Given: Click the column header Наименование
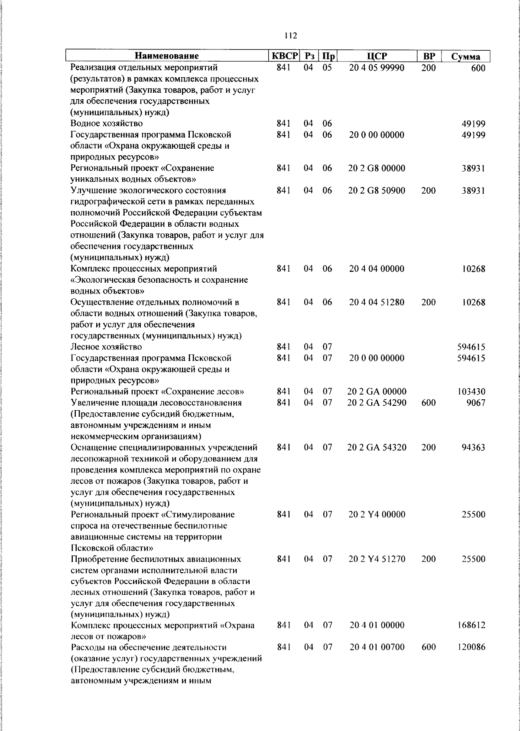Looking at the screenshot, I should (166, 56).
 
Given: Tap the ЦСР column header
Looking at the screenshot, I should (377, 56).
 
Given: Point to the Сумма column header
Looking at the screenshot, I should (465, 56).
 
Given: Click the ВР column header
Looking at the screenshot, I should (429, 56).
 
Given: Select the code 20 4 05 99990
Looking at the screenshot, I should (377, 68).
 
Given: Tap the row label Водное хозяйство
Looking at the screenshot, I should (107, 124).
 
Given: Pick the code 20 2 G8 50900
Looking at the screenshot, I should (377, 190).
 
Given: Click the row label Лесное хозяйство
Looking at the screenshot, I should (106, 347).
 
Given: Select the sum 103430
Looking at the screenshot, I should (471, 392).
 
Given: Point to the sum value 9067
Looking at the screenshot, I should (476, 403).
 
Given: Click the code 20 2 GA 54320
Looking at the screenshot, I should (377, 447).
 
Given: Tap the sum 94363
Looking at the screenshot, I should (473, 447).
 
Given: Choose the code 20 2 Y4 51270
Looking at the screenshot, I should (377, 559).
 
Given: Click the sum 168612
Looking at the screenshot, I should (471, 625).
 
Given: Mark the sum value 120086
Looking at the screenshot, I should (471, 647).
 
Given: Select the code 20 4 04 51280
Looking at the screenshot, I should (377, 302).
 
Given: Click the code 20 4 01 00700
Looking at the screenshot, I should (377, 647).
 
